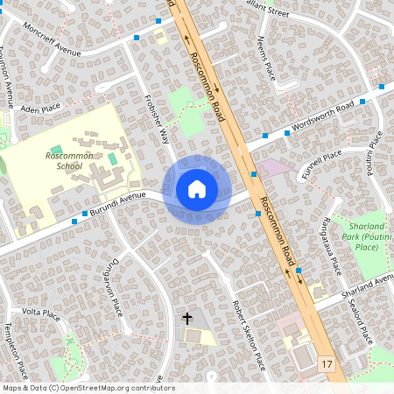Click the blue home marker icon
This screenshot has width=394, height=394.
click(x=197, y=189)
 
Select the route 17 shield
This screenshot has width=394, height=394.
click(x=327, y=363)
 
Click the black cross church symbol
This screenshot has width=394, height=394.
click(x=186, y=318)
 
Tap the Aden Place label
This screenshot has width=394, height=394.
click(x=40, y=109)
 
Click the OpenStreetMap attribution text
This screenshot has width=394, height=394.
click(x=88, y=388)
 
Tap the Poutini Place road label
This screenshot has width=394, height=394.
click(x=374, y=152)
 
